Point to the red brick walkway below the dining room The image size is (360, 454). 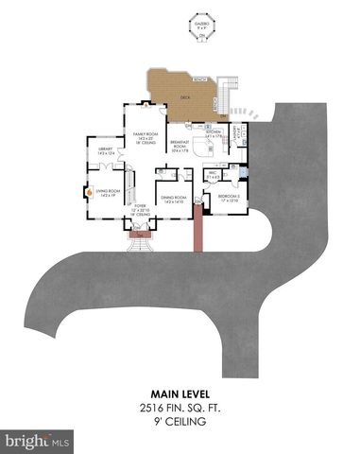pos(197,233)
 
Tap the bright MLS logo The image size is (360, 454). pos(38,441)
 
